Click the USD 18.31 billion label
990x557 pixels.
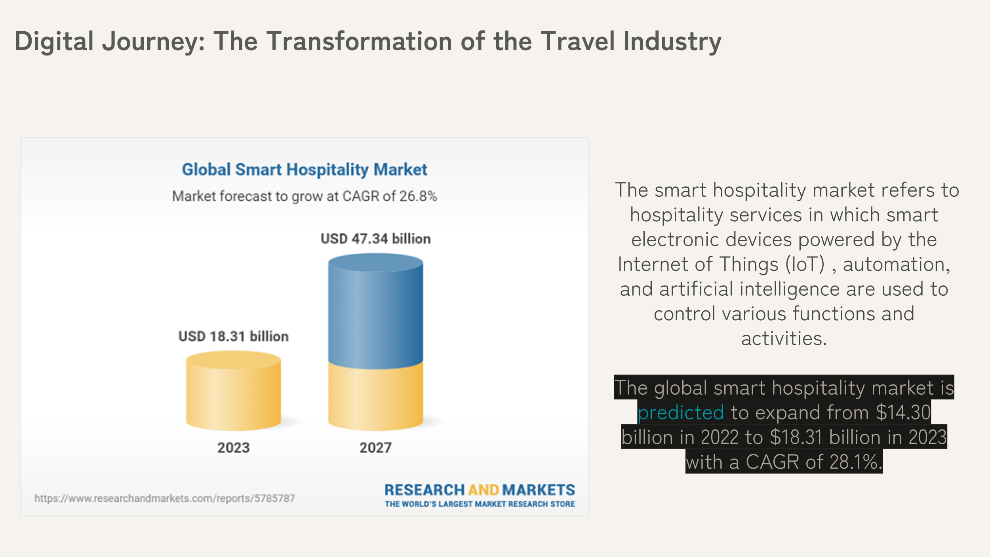(x=233, y=336)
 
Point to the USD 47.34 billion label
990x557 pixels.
(x=375, y=239)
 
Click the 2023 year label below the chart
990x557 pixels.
(x=233, y=448)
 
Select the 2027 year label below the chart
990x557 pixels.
(x=375, y=448)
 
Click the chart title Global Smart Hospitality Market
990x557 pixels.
(x=304, y=169)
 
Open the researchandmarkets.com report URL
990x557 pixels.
(x=164, y=498)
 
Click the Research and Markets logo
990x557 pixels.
(x=480, y=490)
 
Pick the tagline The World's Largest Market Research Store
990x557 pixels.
(x=480, y=504)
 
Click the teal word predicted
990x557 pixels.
(x=680, y=413)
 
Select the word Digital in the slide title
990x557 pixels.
(x=54, y=41)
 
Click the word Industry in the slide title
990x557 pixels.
(x=672, y=41)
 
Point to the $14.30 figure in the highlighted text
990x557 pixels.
(x=903, y=413)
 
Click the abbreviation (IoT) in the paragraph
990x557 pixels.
(x=805, y=264)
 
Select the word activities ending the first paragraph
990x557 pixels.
(x=783, y=338)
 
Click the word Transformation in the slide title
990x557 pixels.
(x=359, y=41)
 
